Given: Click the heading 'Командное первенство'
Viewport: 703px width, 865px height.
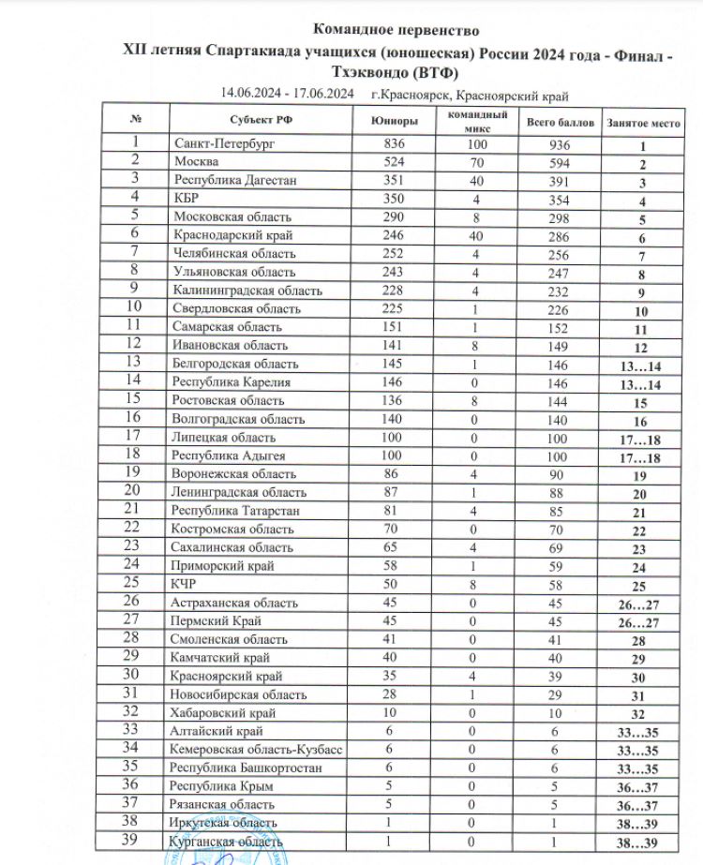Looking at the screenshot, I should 395,30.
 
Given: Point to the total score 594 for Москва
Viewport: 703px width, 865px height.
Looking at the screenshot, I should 560,163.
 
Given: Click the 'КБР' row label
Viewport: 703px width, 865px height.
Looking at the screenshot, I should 186,199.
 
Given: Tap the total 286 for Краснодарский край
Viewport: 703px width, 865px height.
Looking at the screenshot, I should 560,236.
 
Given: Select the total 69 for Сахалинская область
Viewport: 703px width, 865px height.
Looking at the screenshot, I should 560,546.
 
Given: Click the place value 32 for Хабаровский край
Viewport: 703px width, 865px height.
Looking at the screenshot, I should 643,714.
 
